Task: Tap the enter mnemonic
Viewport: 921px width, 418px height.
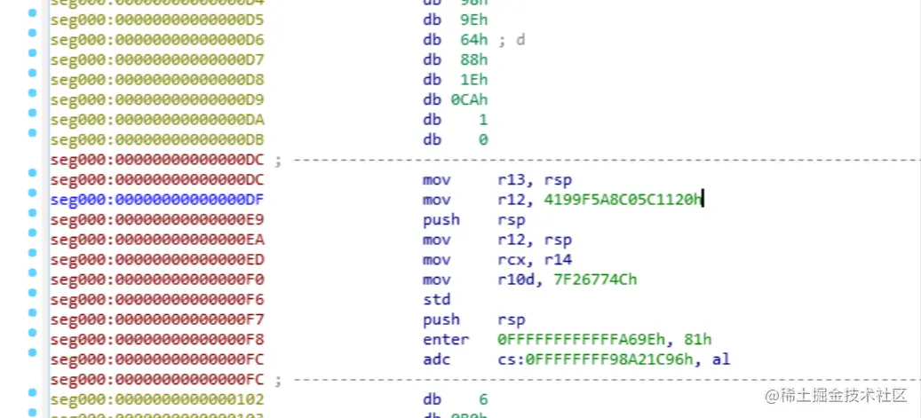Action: (441, 340)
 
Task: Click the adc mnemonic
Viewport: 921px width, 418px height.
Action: (436, 359)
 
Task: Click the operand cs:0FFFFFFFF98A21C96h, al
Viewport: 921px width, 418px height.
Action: (614, 359)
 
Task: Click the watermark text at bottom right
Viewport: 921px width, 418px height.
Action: (838, 394)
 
